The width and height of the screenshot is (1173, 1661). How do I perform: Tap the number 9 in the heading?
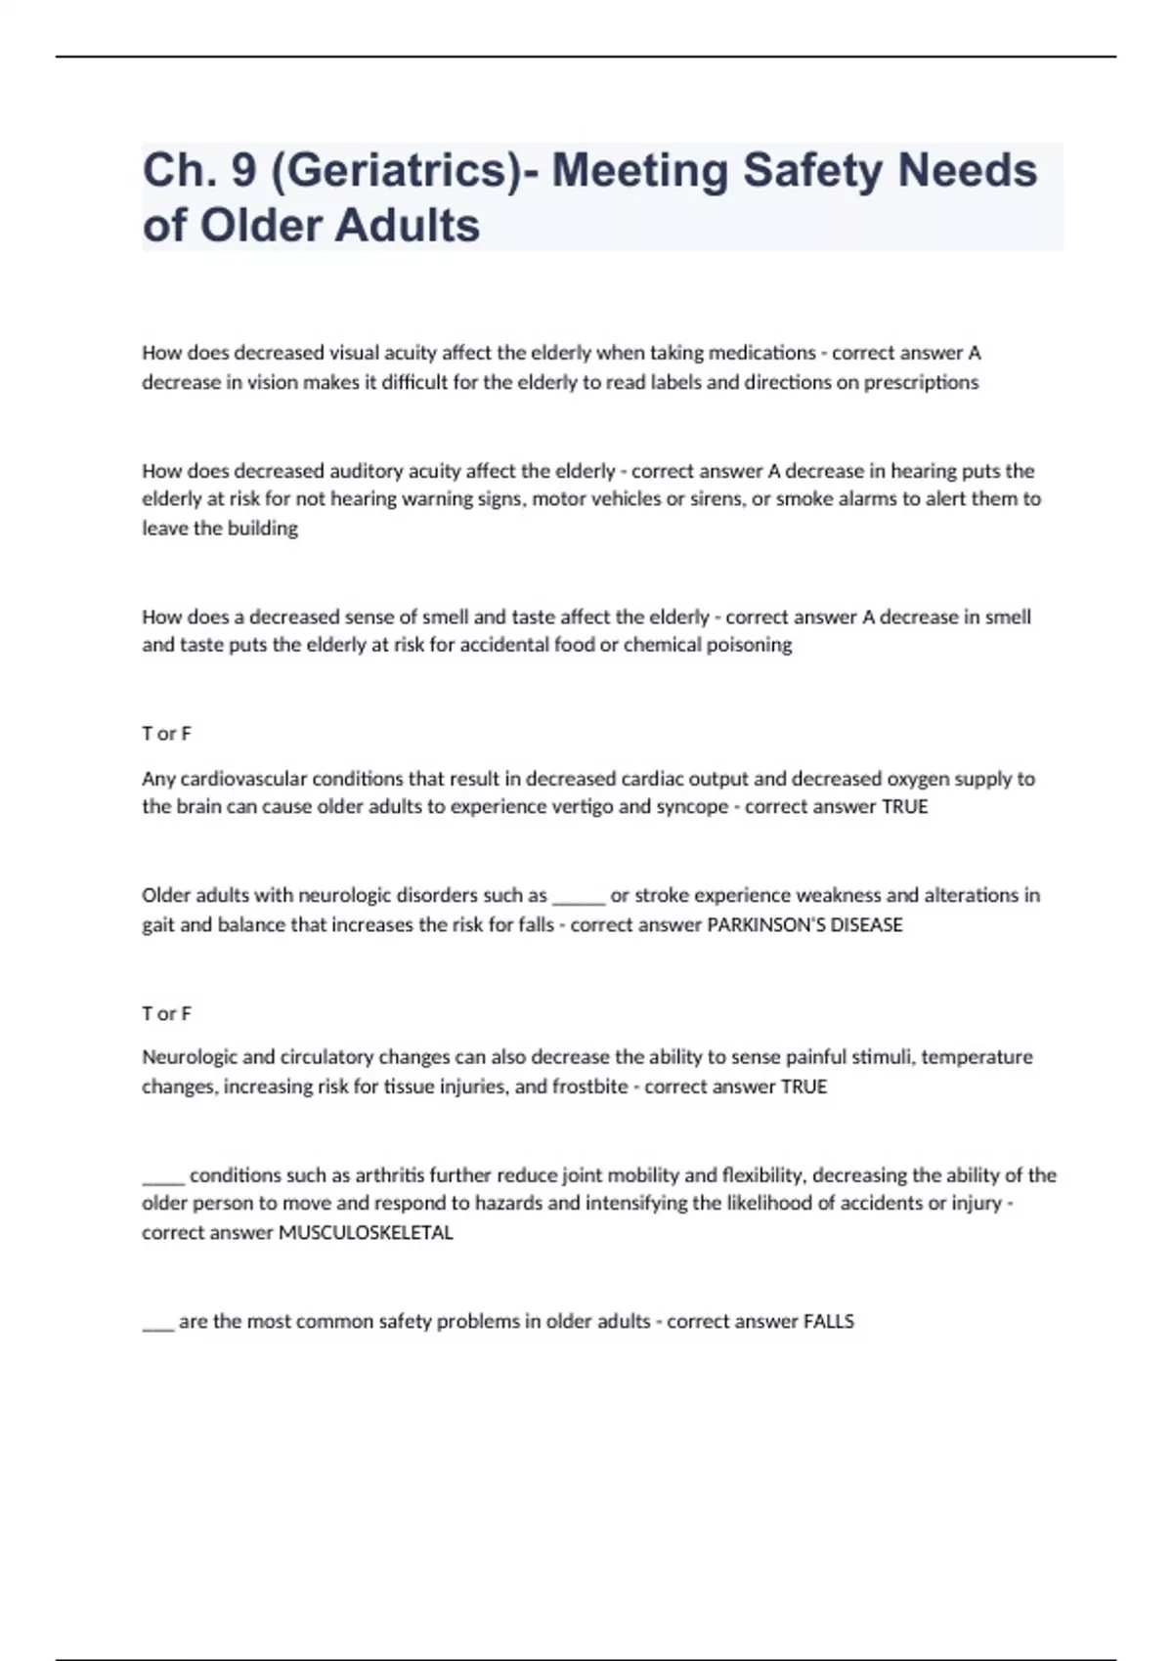tap(243, 170)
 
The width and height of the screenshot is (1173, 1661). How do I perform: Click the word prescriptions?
tap(921, 382)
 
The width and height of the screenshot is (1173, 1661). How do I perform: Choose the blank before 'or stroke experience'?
tap(579, 897)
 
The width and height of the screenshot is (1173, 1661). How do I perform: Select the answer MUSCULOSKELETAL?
tap(366, 1233)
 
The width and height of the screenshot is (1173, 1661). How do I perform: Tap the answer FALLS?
tap(828, 1322)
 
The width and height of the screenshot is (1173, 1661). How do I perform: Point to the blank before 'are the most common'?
tap(157, 1324)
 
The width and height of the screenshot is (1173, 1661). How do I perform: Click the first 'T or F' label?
tap(166, 734)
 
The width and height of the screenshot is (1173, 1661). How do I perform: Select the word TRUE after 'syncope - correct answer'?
tap(904, 807)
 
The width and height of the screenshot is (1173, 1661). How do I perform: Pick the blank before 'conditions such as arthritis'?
tap(162, 1177)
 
